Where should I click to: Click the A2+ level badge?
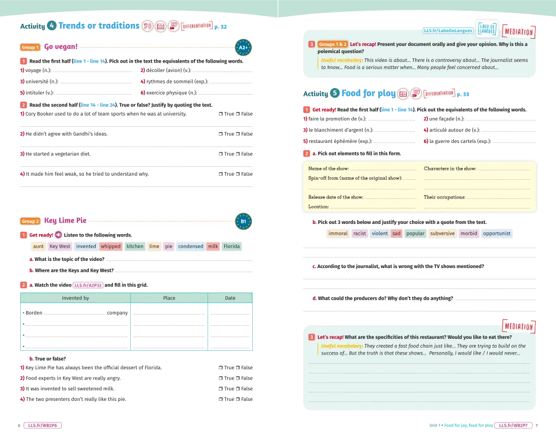pos(243,47)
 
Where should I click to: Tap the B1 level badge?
pos(243,222)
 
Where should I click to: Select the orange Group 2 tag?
pos(30,222)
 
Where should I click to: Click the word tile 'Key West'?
pos(59,246)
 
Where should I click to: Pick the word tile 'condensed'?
pos(191,246)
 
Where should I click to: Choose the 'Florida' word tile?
pos(232,246)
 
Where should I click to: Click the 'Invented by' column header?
pos(76,298)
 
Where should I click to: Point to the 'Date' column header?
pos(230,298)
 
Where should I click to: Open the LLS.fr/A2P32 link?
pos(88,285)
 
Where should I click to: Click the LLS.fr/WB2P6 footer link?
pos(42,425)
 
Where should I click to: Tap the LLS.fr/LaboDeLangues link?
pos(448,30)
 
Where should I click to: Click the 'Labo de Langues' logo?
pos(488,30)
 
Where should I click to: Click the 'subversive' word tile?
pos(442,233)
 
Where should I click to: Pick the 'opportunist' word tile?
pos(497,233)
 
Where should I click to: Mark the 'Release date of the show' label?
pos(335,197)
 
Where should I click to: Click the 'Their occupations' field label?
pos(444,197)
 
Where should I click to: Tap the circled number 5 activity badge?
pos(335,93)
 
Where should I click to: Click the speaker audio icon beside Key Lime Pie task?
pos(58,235)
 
